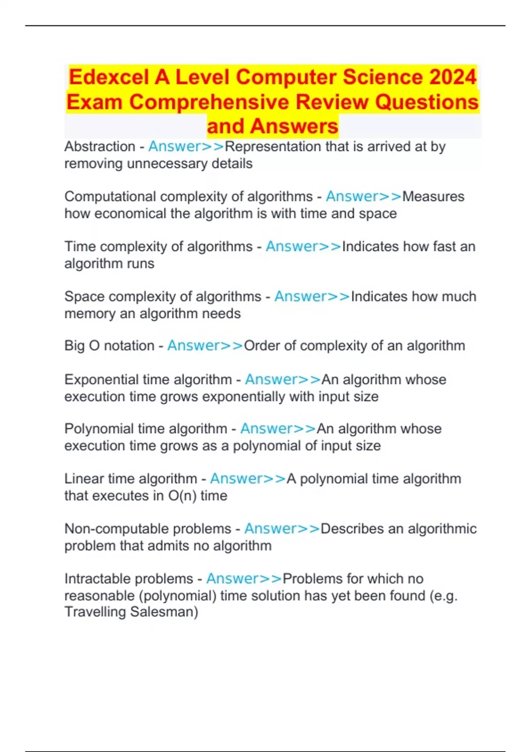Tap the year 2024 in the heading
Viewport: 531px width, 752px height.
(453, 77)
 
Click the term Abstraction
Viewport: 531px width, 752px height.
(100, 146)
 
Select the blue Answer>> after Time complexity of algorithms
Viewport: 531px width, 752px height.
(304, 246)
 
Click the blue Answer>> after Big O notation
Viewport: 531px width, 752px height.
(205, 345)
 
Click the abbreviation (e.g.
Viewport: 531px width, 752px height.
(443, 596)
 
